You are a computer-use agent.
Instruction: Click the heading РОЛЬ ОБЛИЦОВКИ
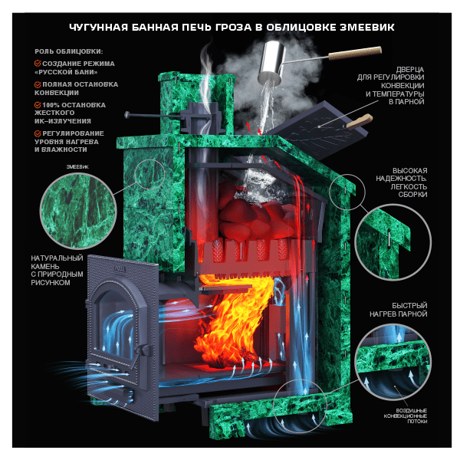69,51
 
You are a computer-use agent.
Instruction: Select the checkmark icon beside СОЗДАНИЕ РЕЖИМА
38,63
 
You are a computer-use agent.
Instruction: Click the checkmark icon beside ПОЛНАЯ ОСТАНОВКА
38,84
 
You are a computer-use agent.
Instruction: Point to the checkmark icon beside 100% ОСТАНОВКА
38,105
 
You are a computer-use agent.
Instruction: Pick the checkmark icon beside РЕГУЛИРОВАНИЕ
38,133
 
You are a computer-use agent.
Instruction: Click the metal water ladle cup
272,61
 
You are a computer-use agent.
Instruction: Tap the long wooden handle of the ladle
355,53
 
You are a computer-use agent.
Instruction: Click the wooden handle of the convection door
360,121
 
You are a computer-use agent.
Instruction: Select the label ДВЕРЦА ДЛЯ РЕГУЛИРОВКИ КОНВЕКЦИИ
391,86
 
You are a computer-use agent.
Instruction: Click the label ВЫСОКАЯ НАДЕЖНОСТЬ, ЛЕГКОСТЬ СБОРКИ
402,182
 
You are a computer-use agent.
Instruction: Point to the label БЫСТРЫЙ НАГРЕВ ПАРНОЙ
399,310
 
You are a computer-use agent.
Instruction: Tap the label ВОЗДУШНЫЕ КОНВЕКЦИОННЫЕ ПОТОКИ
406,416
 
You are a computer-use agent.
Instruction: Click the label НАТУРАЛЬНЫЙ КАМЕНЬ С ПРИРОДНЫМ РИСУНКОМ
58,271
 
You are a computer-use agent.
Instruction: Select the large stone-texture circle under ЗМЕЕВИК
78,210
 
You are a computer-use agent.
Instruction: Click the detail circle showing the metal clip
393,242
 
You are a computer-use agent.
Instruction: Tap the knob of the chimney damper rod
127,114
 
